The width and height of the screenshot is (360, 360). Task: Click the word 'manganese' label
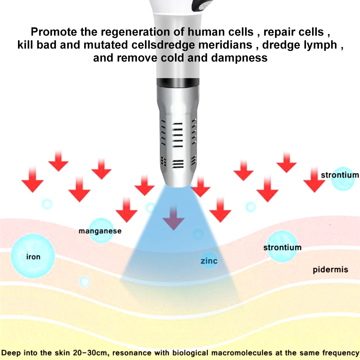pos(100,231)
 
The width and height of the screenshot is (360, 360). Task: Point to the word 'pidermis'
pos(330,269)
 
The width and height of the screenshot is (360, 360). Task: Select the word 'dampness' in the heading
pos(239,58)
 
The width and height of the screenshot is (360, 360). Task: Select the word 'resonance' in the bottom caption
pos(135,352)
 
